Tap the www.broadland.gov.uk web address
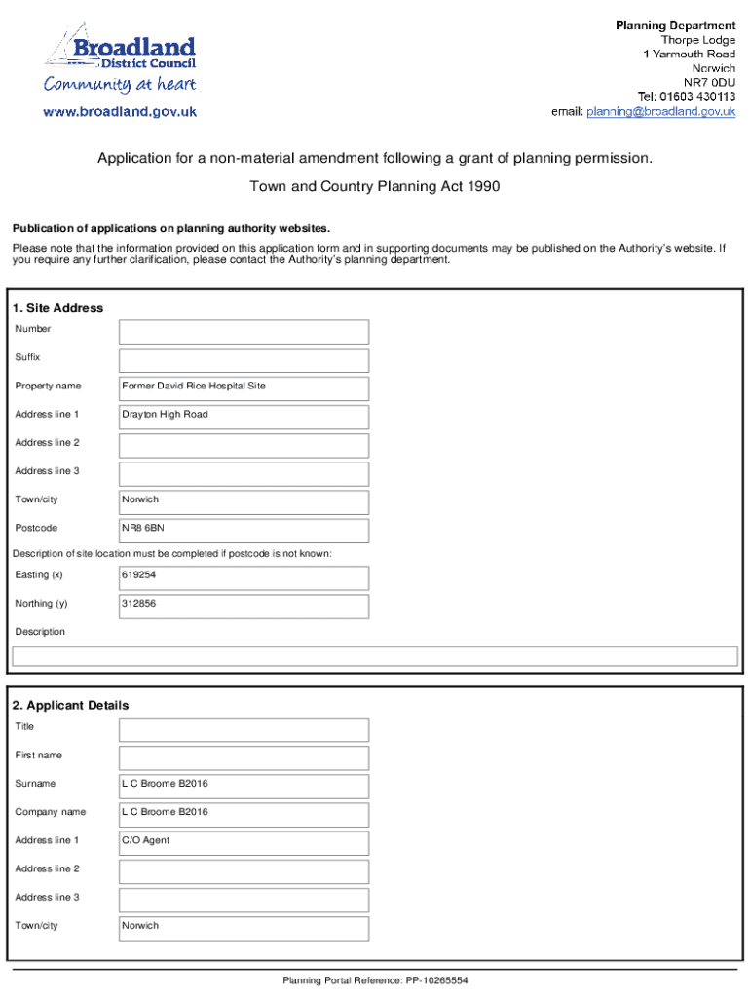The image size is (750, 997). [120, 112]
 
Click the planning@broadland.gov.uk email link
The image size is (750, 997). [660, 112]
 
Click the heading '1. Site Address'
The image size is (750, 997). [58, 308]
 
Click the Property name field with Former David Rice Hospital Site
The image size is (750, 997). [244, 388]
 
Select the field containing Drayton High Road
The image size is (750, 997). [244, 416]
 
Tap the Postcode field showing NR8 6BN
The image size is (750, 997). [244, 530]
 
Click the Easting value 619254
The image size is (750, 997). [244, 576]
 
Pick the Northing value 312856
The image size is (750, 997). [244, 605]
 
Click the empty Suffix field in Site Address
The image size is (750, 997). [244, 359]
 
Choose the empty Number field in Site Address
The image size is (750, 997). [244, 331]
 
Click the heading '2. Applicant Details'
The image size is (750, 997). [72, 705]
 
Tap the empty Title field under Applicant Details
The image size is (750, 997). [244, 728]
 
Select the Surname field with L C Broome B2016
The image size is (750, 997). [244, 785]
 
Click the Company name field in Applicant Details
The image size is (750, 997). [244, 813]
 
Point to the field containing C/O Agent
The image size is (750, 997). [244, 841]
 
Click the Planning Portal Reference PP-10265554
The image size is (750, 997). [375, 980]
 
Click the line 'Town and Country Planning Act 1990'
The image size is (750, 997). [375, 186]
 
